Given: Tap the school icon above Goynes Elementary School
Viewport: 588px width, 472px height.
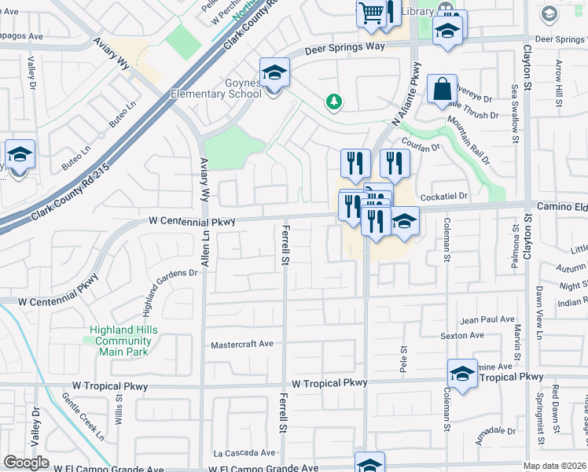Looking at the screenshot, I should click(x=275, y=73).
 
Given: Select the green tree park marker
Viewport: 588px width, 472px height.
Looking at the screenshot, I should click(x=334, y=101).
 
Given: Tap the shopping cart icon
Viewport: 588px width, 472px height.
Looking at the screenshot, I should click(x=371, y=13).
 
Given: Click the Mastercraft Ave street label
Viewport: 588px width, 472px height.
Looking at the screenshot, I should click(x=242, y=344).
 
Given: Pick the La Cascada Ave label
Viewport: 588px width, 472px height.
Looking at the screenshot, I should click(x=244, y=453).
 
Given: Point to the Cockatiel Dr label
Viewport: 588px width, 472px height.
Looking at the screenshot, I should click(x=444, y=195).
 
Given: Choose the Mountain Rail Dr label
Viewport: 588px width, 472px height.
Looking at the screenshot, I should click(x=469, y=139).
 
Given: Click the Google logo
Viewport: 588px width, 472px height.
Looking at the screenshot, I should click(x=26, y=463).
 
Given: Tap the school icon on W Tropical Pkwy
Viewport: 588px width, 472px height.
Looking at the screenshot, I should click(x=462, y=374).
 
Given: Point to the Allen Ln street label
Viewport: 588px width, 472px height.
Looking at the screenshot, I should click(x=205, y=244).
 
